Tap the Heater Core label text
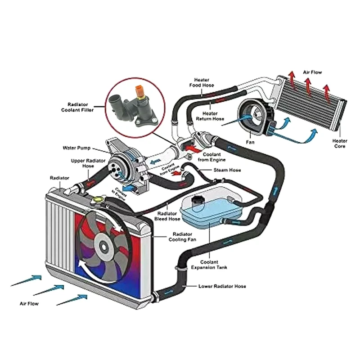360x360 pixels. pyautogui.click(x=340, y=144)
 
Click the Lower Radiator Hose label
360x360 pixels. pyautogui.click(x=222, y=286)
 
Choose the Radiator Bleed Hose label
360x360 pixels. pyautogui.click(x=168, y=216)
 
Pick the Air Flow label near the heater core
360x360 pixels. pyautogui.click(x=312, y=72)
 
